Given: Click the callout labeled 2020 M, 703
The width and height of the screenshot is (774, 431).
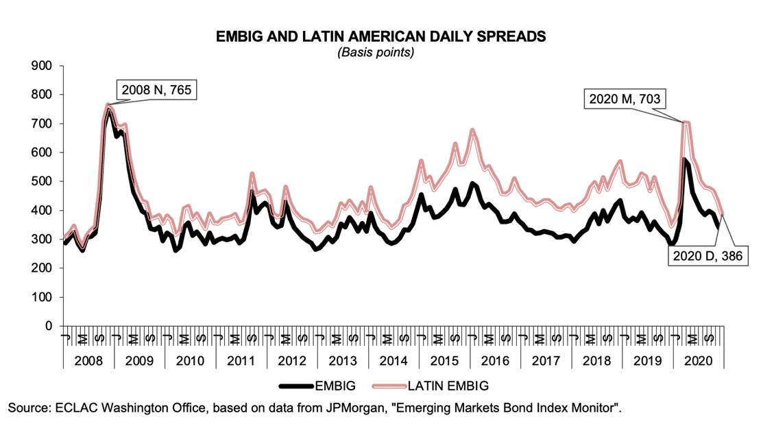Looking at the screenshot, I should click(625, 100).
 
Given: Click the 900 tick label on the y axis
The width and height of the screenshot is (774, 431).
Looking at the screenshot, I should click(45, 66).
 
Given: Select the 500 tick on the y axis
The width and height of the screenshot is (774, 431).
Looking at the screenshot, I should click(45, 182).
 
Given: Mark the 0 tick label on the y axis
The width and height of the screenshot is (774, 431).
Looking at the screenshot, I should click(51, 326).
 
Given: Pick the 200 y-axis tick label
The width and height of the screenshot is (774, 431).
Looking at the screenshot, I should click(45, 268).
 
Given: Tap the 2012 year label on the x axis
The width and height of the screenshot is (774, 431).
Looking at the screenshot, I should click(291, 360).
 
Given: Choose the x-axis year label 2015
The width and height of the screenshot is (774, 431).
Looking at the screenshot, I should click(444, 360).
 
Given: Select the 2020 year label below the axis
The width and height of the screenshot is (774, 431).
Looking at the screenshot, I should click(697, 360).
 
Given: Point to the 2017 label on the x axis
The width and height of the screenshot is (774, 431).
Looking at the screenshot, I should click(545, 360).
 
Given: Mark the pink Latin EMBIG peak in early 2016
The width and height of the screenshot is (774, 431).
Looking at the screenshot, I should click(472, 130).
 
